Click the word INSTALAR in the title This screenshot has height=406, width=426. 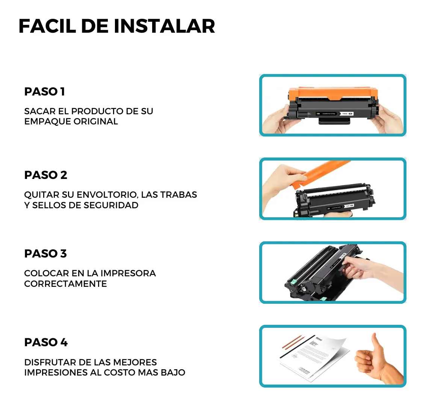164,26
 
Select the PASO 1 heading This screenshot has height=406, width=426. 44,92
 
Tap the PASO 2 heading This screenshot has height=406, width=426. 45,175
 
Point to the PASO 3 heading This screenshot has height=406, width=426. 45,254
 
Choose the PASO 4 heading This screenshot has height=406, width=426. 46,342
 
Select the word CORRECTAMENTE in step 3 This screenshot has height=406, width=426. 65,284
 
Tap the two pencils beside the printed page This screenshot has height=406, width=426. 292,343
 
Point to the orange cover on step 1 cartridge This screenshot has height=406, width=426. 333,93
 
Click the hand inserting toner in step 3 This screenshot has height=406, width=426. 372,267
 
